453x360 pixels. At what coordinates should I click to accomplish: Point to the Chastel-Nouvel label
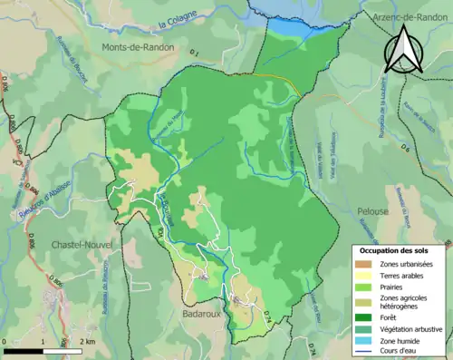[x=54, y=244]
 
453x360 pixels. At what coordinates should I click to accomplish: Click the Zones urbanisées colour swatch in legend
[x=363, y=264]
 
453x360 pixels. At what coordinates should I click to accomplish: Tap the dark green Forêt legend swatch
[x=363, y=317]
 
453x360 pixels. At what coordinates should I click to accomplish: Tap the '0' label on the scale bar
[x=5, y=341]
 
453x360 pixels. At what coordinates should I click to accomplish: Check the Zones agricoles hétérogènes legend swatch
[x=363, y=301]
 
